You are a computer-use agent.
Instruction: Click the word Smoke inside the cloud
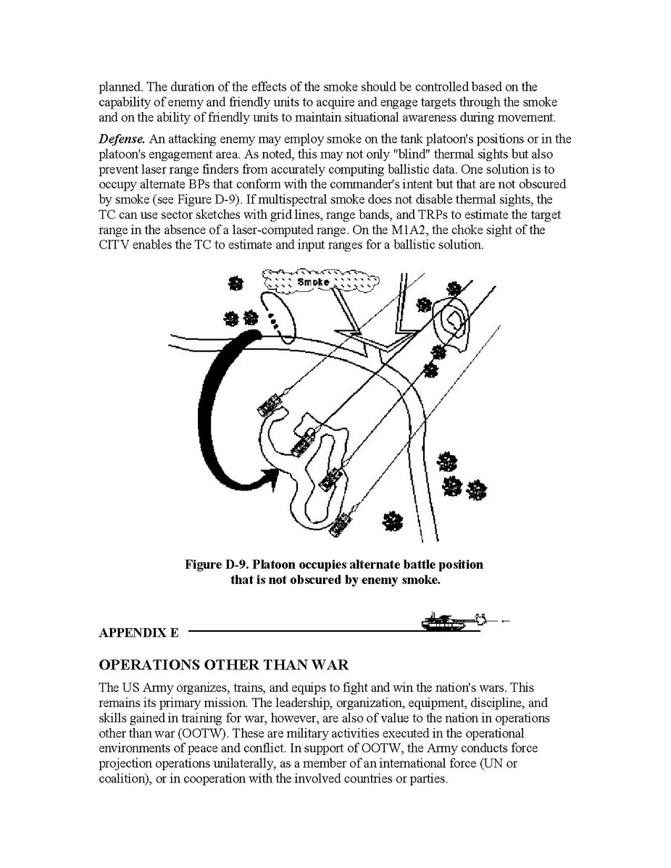[x=312, y=281]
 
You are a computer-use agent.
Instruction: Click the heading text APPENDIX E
[x=138, y=633]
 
